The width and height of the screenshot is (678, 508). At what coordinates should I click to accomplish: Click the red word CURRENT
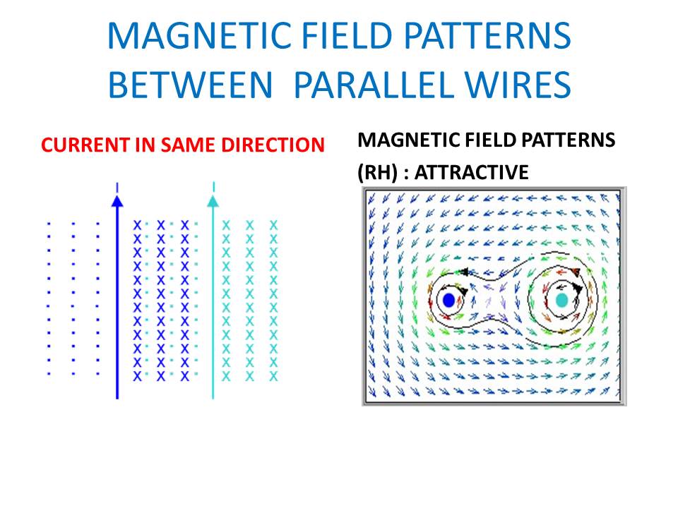pyautogui.click(x=85, y=145)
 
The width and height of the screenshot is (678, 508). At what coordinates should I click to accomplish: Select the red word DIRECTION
pyautogui.click(x=273, y=145)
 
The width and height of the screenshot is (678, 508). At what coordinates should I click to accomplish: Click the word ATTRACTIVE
pyautogui.click(x=471, y=172)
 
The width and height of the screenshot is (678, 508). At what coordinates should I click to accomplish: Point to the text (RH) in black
pyautogui.click(x=377, y=173)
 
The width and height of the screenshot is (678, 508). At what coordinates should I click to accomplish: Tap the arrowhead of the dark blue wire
pyautogui.click(x=117, y=201)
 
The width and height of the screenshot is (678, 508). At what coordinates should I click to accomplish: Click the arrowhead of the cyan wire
pyautogui.click(x=213, y=201)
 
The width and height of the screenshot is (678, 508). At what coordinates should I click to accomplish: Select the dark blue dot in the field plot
pyautogui.click(x=449, y=300)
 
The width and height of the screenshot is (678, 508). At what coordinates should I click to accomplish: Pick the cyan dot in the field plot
pyautogui.click(x=561, y=300)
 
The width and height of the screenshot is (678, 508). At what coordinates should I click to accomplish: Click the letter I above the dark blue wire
pyautogui.click(x=117, y=188)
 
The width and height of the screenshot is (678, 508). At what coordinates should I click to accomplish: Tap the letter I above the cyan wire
pyautogui.click(x=213, y=187)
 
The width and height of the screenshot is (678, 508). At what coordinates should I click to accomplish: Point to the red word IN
pyautogui.click(x=145, y=145)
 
